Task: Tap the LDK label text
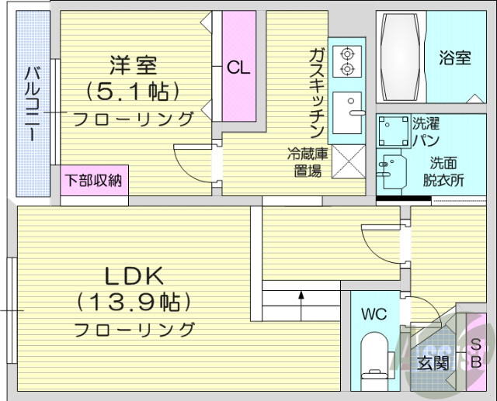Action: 134,275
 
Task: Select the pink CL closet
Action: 239,66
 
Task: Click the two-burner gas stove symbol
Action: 346,62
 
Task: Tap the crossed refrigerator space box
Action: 346,162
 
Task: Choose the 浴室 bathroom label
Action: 455,58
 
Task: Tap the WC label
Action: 374,314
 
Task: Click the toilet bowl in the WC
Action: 374,354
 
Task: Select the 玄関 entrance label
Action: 433,363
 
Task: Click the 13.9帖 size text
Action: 134,301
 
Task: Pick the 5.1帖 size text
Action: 134,92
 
